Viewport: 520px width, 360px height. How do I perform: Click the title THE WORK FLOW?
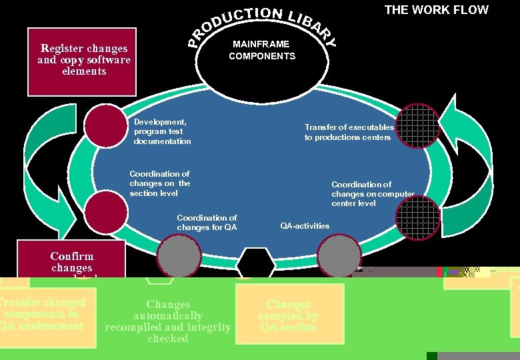[x=436, y=10]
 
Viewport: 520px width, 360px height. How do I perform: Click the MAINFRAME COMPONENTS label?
[x=262, y=50]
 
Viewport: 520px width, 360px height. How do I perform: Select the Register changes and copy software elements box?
[x=82, y=60]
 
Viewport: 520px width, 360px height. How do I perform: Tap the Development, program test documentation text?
[x=162, y=131]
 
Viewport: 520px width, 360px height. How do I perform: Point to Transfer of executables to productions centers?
[x=349, y=132]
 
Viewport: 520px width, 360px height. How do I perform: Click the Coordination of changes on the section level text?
[x=160, y=183]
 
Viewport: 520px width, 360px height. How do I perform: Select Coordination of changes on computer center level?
[x=373, y=193]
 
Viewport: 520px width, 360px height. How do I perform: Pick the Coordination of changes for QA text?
[x=207, y=223]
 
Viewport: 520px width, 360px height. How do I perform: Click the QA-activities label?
[x=305, y=226]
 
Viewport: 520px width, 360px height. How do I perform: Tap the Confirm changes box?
[x=71, y=261]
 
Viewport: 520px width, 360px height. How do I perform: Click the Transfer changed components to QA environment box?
[x=43, y=313]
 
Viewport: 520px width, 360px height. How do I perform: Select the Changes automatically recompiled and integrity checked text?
[x=168, y=321]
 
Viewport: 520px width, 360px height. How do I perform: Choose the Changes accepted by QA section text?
[x=288, y=315]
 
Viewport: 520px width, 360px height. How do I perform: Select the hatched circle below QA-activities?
[x=339, y=255]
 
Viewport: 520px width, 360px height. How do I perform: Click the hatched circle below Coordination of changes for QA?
[x=179, y=256]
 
